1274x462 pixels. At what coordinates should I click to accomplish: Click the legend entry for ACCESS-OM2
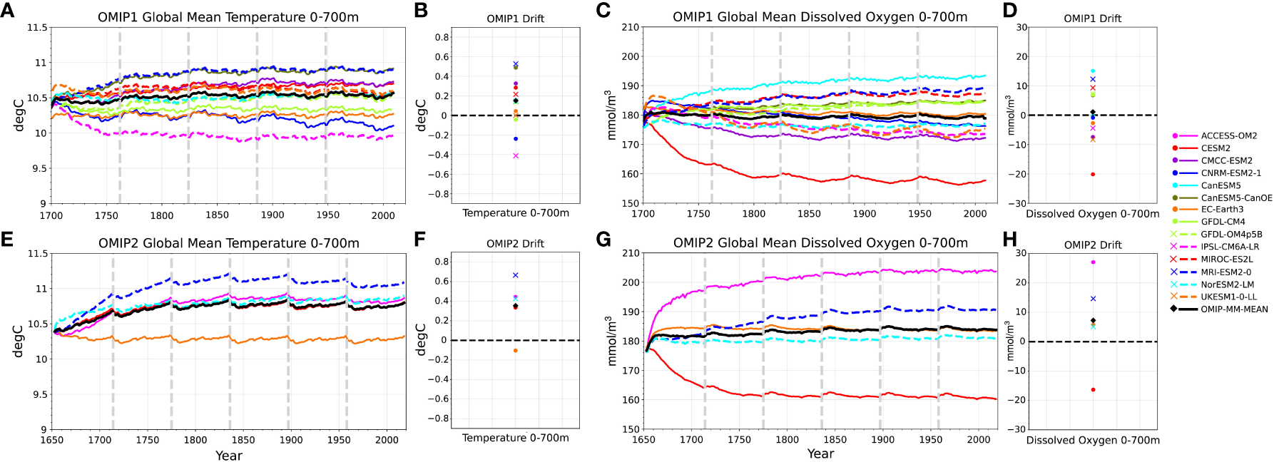[1228, 135]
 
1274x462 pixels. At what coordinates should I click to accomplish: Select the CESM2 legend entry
[1216, 148]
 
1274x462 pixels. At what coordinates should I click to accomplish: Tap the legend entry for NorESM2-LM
[1227, 284]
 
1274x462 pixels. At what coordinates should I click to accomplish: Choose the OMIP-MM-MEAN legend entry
[1234, 309]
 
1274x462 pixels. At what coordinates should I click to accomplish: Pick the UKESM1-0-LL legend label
[1228, 297]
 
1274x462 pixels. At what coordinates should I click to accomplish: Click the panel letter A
[7, 11]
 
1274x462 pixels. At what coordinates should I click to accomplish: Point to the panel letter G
[603, 240]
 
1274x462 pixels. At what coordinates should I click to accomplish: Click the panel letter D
[1009, 11]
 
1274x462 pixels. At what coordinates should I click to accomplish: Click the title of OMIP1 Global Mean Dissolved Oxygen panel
[820, 17]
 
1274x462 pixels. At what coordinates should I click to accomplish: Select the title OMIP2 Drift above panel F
[515, 244]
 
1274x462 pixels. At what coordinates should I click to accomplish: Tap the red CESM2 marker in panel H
[1093, 390]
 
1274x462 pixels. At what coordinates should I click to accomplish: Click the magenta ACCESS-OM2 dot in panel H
[1093, 262]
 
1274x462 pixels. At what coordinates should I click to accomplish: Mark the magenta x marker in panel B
[516, 155]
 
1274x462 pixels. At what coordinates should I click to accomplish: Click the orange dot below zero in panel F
[515, 351]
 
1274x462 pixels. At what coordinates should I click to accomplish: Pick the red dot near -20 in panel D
[1093, 174]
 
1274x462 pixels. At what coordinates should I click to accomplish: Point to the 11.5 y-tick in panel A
[37, 28]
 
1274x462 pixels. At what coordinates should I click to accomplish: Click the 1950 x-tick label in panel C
[919, 214]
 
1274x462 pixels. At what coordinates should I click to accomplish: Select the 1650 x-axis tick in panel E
[51, 440]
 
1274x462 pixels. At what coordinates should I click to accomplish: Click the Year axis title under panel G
[820, 453]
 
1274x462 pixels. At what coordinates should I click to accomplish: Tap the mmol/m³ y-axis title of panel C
[609, 114]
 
